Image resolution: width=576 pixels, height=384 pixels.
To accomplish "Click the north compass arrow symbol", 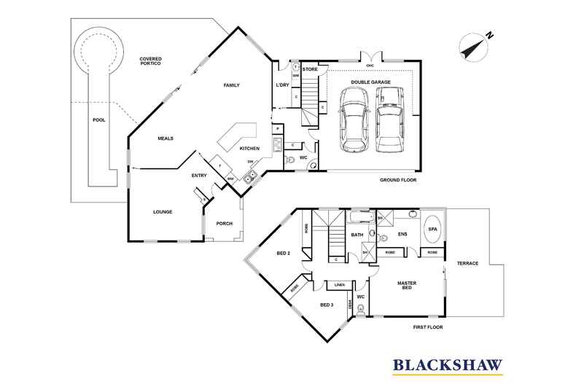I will pyautogui.click(x=474, y=44).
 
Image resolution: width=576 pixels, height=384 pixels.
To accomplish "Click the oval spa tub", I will pyautogui.click(x=432, y=229).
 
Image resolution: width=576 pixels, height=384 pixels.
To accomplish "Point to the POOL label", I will pyautogui.click(x=98, y=120).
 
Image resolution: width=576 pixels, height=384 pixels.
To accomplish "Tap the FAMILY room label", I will pyautogui.click(x=231, y=85).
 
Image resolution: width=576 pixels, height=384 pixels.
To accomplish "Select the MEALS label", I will pyautogui.click(x=165, y=138).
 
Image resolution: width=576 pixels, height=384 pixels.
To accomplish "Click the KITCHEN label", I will pyautogui.click(x=250, y=148).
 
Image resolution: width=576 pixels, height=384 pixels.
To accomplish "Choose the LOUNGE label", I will pyautogui.click(x=162, y=212).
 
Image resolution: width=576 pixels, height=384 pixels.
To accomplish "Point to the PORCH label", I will pyautogui.click(x=225, y=223).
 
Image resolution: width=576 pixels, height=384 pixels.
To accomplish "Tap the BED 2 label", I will pyautogui.click(x=284, y=253).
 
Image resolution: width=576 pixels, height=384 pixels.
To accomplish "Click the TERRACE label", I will pyautogui.click(x=467, y=263).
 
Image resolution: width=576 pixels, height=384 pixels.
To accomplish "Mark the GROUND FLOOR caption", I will pyautogui.click(x=398, y=179).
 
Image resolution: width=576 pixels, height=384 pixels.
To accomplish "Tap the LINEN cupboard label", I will pyautogui.click(x=339, y=284).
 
